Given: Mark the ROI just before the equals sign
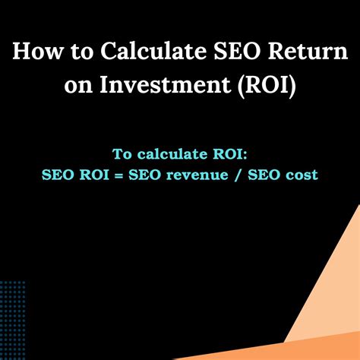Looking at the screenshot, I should [95, 175].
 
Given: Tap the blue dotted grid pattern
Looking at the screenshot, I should [12, 319].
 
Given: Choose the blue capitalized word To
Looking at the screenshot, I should [122, 154].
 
